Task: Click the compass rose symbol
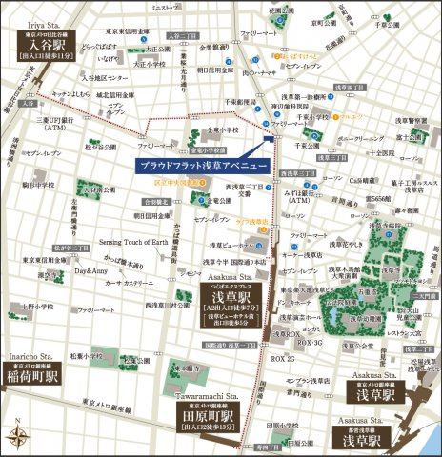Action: point(18,437)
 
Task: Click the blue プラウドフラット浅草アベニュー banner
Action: point(200,165)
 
